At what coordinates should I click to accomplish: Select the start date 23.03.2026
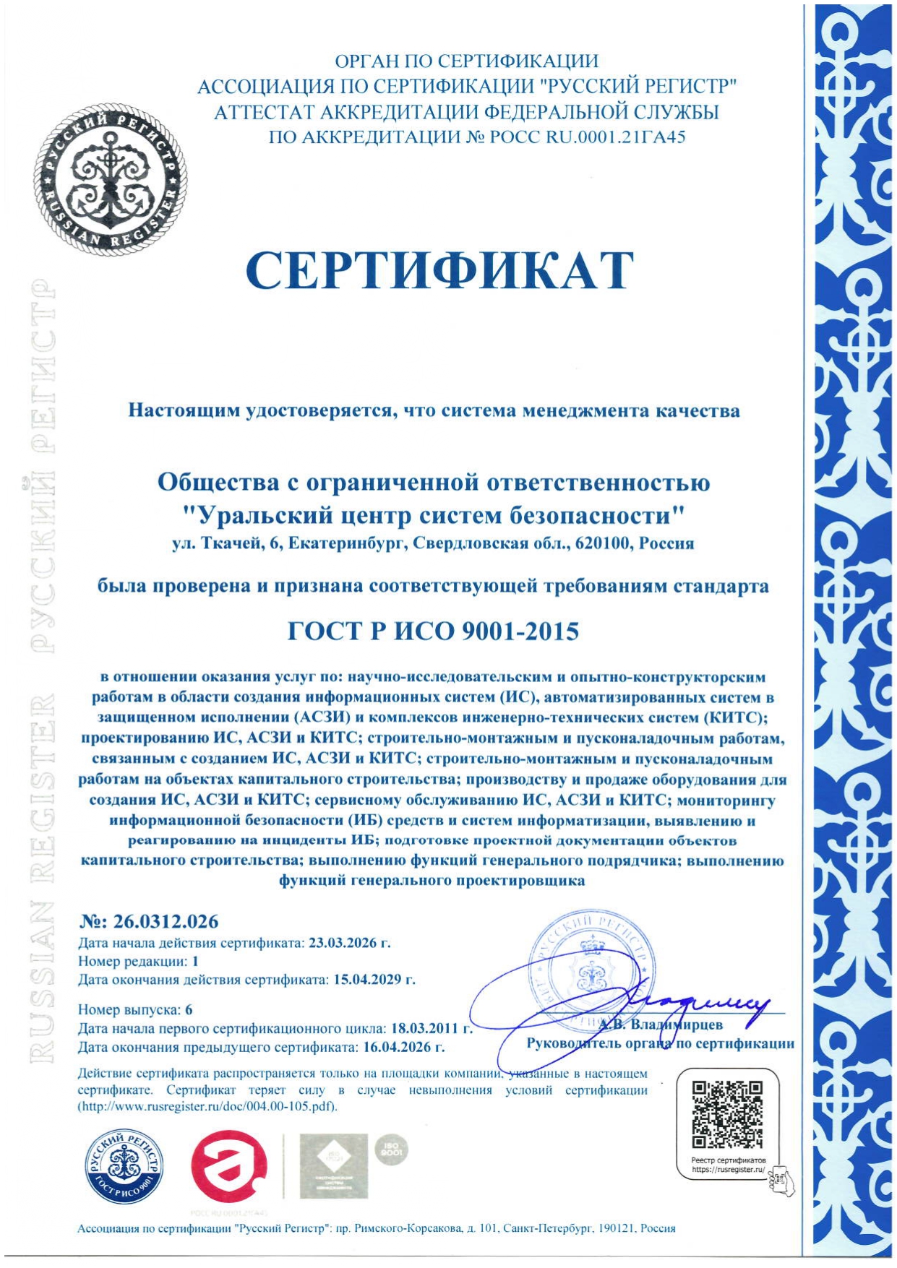click(349, 943)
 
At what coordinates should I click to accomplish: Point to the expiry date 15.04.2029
click(374, 980)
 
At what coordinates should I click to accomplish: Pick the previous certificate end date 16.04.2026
click(403, 1047)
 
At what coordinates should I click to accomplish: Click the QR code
click(727, 1114)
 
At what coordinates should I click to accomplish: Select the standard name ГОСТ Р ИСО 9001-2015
click(434, 631)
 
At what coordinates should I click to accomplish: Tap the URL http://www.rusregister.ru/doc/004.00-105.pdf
click(208, 1107)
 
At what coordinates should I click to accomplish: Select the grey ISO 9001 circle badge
click(391, 1151)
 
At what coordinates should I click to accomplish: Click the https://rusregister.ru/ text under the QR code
click(728, 1169)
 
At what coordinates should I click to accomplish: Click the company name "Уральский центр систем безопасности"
click(434, 515)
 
